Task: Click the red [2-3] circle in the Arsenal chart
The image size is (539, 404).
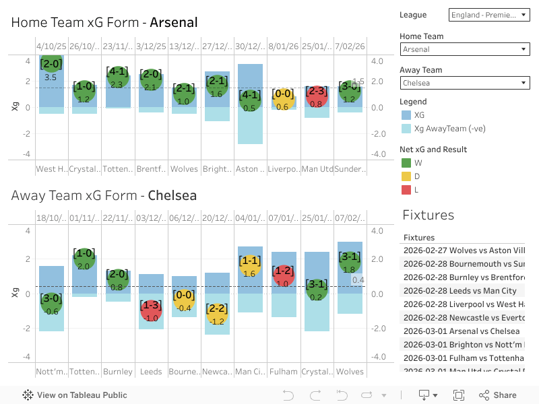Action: [x=317, y=96]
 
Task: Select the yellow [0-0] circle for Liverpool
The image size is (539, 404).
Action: [x=283, y=98]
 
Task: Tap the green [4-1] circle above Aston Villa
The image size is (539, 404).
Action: [x=250, y=100]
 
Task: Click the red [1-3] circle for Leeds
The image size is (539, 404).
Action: [x=151, y=310]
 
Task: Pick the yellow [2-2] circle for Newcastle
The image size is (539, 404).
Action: [x=217, y=313]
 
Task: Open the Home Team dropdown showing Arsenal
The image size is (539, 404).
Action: [x=465, y=49]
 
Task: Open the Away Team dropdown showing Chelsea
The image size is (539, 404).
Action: [x=465, y=83]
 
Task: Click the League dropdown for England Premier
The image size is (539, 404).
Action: [x=490, y=14]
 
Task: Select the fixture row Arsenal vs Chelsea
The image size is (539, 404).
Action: [x=462, y=331]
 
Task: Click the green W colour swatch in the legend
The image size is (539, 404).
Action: [x=406, y=162]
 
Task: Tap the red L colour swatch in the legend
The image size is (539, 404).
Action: [x=406, y=190]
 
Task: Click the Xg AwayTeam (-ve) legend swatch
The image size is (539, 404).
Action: [x=406, y=128]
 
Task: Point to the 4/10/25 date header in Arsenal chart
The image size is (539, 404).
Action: [x=51, y=46]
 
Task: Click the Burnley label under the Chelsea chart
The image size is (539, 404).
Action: [x=117, y=371]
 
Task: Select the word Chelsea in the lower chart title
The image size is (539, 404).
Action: [x=172, y=196]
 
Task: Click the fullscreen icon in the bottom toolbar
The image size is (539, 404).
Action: [x=459, y=395]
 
